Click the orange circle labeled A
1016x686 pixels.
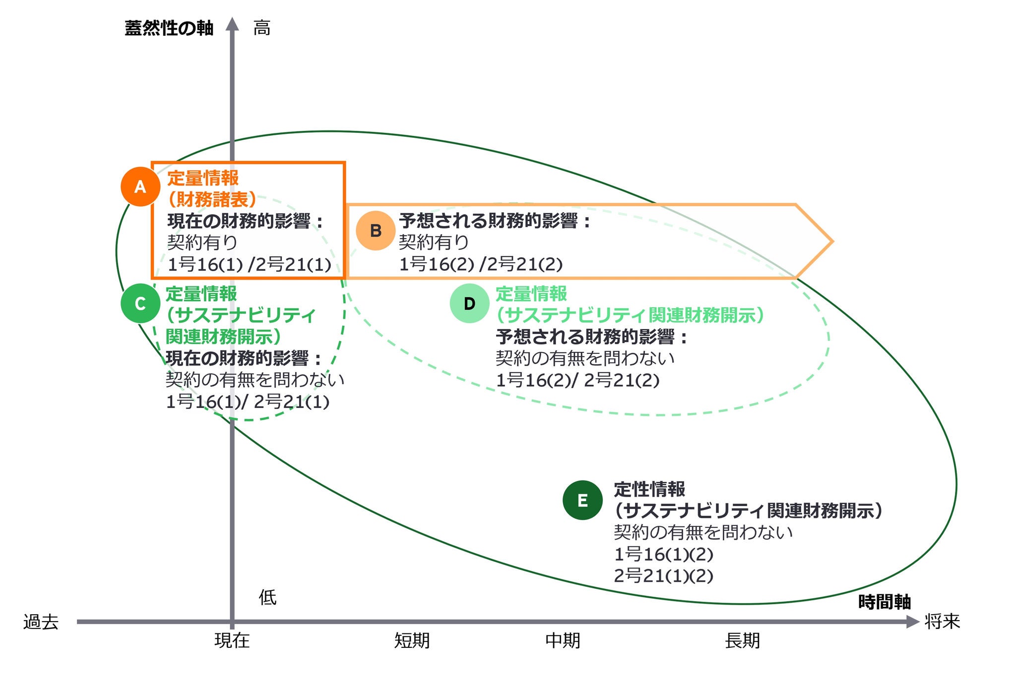pyautogui.click(x=140, y=186)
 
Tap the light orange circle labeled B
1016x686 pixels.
pyautogui.click(x=376, y=230)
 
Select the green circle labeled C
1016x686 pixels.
pyautogui.click(x=140, y=303)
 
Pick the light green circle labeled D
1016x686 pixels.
pyautogui.click(x=469, y=303)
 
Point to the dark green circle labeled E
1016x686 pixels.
pyautogui.click(x=582, y=500)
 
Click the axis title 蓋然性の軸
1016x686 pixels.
pyautogui.click(x=169, y=28)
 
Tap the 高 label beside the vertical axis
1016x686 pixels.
pyautogui.click(x=262, y=28)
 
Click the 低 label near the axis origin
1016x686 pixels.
pyautogui.click(x=267, y=597)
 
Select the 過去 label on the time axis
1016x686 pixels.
pyautogui.click(x=41, y=622)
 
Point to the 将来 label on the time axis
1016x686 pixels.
pyautogui.click(x=942, y=621)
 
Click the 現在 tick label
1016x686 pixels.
pyautogui.click(x=232, y=640)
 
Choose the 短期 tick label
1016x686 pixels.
pyautogui.click(x=412, y=640)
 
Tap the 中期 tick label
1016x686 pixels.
pyautogui.click(x=563, y=640)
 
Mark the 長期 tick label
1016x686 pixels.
pyautogui.click(x=742, y=640)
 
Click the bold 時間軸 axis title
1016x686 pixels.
pyautogui.click(x=885, y=602)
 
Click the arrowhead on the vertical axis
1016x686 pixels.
pyautogui.click(x=232, y=24)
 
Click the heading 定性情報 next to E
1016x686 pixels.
pyautogui.click(x=649, y=489)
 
